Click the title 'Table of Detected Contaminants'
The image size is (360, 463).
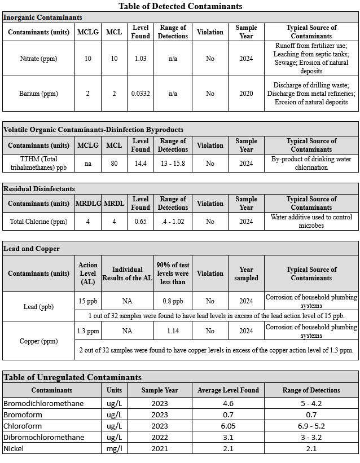(181, 6)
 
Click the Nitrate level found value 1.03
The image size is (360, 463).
(141, 59)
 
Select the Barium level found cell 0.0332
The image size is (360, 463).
(141, 94)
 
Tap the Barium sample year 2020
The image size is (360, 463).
(246, 94)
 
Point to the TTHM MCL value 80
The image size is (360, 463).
(114, 164)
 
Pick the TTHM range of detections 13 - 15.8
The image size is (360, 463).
(173, 164)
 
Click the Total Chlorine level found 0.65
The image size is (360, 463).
(141, 222)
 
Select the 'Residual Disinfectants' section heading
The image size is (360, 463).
(39, 189)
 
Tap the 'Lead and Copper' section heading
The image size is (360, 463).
(32, 248)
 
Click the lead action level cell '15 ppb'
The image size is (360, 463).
(87, 301)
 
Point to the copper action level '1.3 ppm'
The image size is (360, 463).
(87, 331)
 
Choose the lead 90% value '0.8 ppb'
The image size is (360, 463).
(173, 301)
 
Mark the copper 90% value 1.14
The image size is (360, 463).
(173, 331)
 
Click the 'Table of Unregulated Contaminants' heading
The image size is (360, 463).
(72, 377)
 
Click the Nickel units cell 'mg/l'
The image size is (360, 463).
(114, 448)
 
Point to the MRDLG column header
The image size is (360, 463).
(87, 204)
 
